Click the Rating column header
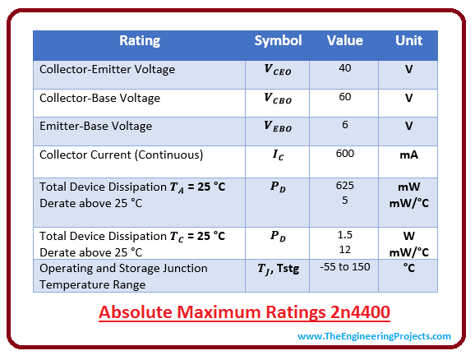click(x=140, y=40)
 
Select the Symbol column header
click(x=278, y=40)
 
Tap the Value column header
click(x=344, y=40)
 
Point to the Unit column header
click(x=408, y=40)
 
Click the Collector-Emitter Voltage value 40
click(x=345, y=68)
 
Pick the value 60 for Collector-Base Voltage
click(x=345, y=97)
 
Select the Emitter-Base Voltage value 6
click(x=345, y=125)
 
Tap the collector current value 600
click(x=345, y=154)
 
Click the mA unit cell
click(x=409, y=155)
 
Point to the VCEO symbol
click(x=278, y=69)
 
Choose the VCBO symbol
click(x=278, y=98)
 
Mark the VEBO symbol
click(x=278, y=126)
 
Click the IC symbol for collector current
click(x=278, y=155)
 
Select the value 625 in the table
click(x=345, y=186)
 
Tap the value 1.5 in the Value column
click(x=345, y=235)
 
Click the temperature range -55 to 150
click(x=345, y=267)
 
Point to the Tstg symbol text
click(x=288, y=269)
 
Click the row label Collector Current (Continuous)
click(x=121, y=155)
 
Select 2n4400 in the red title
click(x=360, y=312)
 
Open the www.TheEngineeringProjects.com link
click(x=374, y=336)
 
